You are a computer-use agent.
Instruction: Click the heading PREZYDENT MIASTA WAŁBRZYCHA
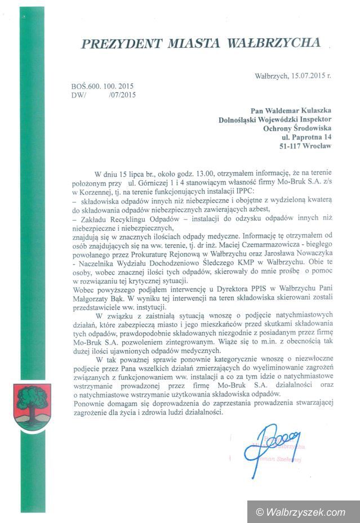(x=201, y=43)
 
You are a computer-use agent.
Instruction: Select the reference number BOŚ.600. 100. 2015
(x=103, y=87)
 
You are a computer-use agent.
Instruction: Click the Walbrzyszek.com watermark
(x=301, y=512)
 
